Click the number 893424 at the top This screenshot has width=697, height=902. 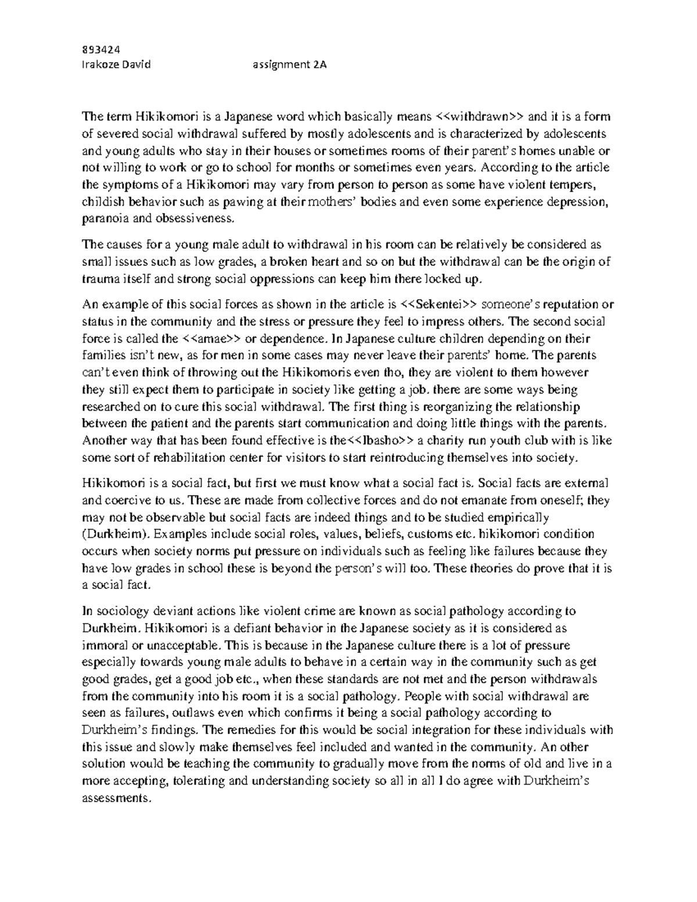point(96,49)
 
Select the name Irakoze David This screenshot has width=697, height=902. point(116,64)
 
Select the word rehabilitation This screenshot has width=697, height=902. point(185,457)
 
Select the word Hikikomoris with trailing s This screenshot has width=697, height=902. point(317,372)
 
